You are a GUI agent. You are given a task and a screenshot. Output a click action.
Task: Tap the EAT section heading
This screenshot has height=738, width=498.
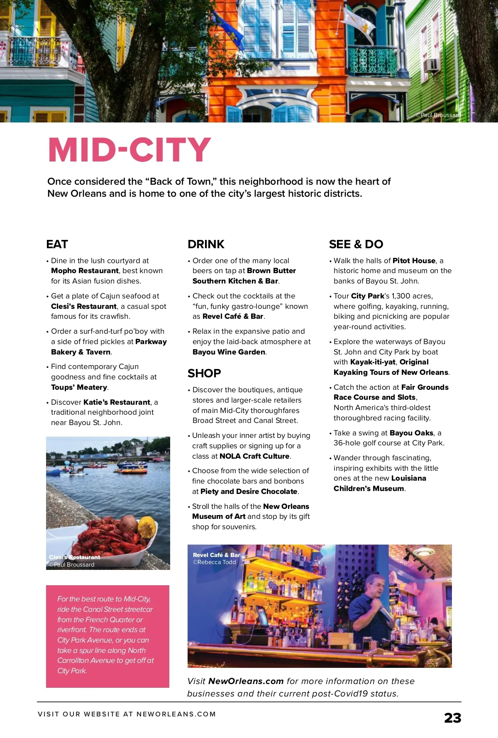click(57, 244)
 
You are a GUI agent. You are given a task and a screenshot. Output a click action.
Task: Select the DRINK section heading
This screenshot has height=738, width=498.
click(206, 244)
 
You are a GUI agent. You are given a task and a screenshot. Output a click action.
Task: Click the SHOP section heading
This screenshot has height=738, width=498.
click(204, 373)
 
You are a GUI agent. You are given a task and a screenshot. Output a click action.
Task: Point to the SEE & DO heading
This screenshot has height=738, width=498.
click(356, 244)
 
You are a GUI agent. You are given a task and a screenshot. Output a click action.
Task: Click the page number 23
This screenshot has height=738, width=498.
click(452, 718)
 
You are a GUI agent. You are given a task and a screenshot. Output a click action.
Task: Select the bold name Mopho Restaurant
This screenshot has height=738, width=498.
click(85, 271)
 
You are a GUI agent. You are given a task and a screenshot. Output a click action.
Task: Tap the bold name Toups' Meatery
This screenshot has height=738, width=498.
click(79, 387)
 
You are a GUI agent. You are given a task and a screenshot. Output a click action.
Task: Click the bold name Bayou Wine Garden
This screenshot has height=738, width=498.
click(229, 352)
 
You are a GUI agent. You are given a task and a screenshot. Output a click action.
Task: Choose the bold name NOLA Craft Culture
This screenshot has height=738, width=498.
click(254, 456)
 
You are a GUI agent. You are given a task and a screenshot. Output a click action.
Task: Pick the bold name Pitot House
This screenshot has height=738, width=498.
click(414, 261)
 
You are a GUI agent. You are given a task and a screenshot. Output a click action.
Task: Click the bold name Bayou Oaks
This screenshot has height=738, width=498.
click(411, 433)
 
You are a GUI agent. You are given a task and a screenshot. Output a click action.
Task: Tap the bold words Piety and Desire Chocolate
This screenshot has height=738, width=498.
click(249, 491)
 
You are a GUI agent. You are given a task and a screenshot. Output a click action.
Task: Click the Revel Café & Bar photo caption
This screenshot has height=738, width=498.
click(216, 555)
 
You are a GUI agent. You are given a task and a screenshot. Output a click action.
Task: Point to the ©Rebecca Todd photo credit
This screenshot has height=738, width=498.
click(214, 562)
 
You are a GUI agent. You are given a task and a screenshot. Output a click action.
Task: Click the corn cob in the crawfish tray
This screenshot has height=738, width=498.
click(147, 527)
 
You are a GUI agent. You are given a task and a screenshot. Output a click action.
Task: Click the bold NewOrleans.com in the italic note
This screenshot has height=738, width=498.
click(246, 681)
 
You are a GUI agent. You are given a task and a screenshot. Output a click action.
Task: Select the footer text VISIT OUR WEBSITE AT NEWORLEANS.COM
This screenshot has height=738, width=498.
click(127, 714)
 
